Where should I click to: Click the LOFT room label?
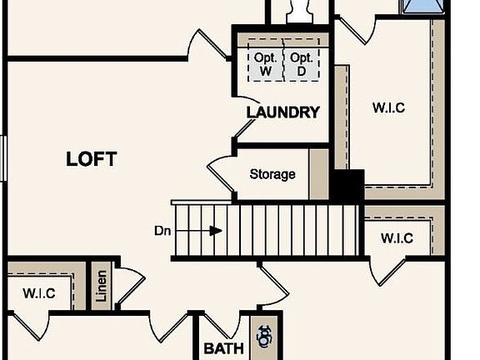91,159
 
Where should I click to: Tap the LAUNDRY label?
283,112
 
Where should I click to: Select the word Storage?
272,174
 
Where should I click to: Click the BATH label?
224,348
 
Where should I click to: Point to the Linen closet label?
102,286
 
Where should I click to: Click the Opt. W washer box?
265,60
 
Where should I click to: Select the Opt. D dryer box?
302,60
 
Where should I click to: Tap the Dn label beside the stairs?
162,231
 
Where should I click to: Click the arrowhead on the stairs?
216,231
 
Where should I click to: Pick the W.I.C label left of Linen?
39,293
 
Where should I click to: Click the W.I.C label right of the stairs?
397,238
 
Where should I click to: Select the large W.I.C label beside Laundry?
389,107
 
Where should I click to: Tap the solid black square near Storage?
348,185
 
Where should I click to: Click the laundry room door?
246,117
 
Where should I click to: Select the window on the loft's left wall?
3,158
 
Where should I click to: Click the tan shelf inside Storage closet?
318,174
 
